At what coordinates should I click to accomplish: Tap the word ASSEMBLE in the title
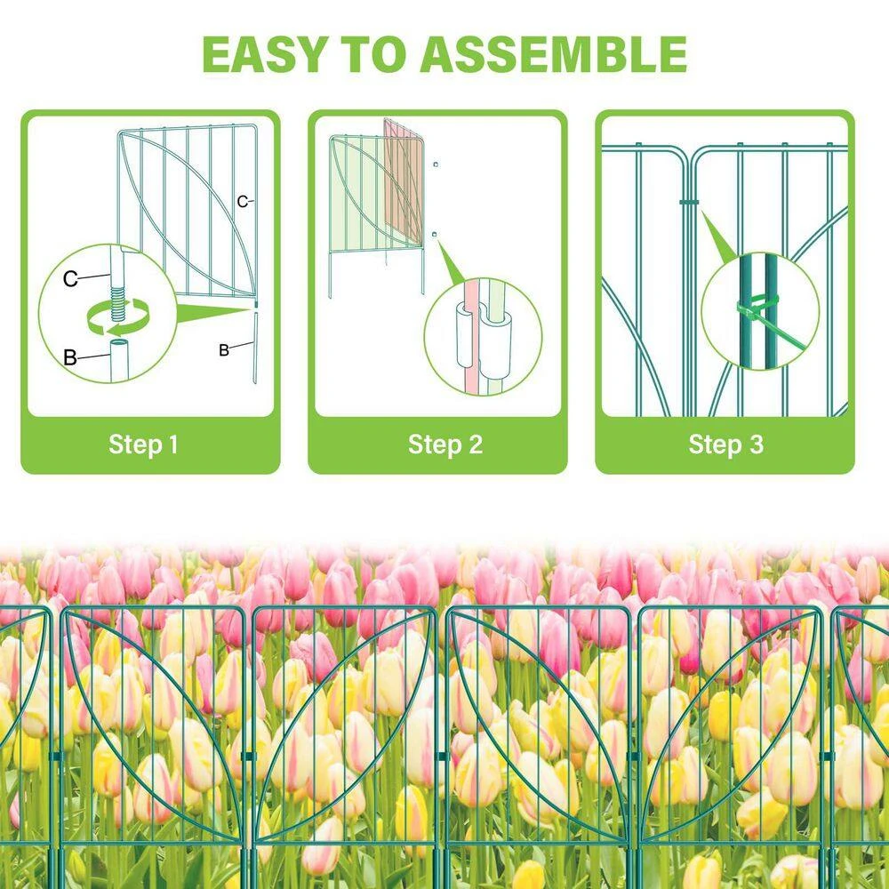pos(554,54)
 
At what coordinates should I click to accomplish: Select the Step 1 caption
pos(143,444)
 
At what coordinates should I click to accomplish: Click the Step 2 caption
pos(445,444)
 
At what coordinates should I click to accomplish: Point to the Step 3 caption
pos(725,444)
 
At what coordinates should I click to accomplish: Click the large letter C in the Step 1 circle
pos(70,279)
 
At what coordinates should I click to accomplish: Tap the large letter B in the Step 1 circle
pos(70,357)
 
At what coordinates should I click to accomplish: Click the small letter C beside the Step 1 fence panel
pos(242,201)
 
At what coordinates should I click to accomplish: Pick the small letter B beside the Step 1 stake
pos(224,350)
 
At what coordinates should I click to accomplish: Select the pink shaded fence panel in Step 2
pos(404,182)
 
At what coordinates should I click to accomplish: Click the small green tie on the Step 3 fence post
pos(689,203)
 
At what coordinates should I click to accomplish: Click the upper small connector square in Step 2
pos(435,165)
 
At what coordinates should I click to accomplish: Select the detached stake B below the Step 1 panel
pos(255,347)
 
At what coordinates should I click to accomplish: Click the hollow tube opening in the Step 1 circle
pos(120,344)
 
